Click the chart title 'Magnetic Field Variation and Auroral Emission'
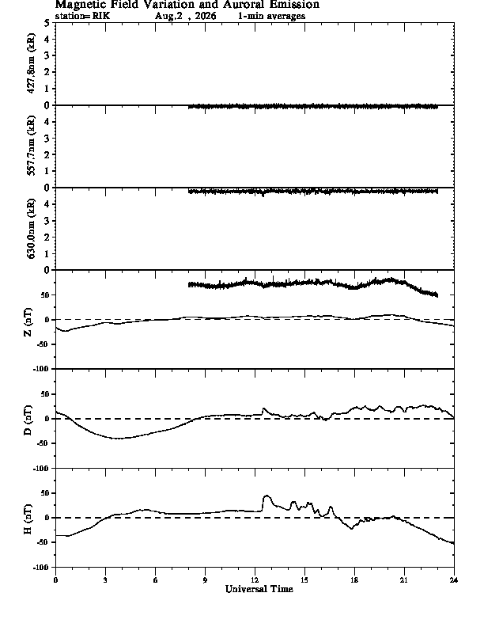pos(187,5)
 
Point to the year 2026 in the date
pos(206,16)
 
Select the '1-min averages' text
pos(271,16)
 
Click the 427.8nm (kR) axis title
pos(31,63)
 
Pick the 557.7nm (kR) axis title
pos(31,146)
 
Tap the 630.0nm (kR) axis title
pos(31,228)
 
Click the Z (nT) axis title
pos(28,322)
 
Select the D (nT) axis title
pos(28,420)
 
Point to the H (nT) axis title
pos(28,519)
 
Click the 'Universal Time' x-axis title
pos(259,589)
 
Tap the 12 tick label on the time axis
pos(255,580)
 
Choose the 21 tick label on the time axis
pos(404,580)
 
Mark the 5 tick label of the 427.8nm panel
pos(47,23)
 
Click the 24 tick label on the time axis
pos(454,580)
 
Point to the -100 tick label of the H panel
pos(43,567)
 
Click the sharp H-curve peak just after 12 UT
pos(267,496)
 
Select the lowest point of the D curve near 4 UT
pos(119,439)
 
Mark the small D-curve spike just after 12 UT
pos(263,408)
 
